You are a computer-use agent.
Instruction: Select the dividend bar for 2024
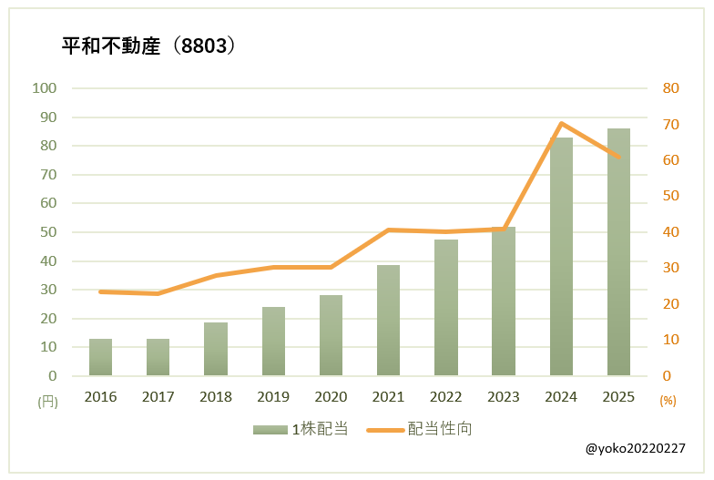tap(561, 257)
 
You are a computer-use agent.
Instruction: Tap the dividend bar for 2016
tap(100, 357)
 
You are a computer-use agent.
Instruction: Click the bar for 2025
tap(618, 252)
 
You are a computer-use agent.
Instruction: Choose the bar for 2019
tap(273, 342)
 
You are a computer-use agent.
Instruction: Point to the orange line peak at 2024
tap(561, 124)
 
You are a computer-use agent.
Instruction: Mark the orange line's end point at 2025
tap(618, 157)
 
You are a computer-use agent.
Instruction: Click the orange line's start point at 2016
tap(100, 291)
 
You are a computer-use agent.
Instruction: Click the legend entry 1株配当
tap(301, 429)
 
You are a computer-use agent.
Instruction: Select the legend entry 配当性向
tap(419, 429)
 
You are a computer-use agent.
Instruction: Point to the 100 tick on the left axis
tap(44, 88)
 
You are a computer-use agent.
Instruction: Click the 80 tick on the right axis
tap(671, 88)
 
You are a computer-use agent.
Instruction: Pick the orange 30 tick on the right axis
tap(671, 268)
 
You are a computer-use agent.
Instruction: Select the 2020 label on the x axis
tap(331, 397)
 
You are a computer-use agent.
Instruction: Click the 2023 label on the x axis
tap(504, 397)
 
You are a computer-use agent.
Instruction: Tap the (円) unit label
tap(47, 402)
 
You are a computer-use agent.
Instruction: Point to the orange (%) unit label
tap(668, 401)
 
